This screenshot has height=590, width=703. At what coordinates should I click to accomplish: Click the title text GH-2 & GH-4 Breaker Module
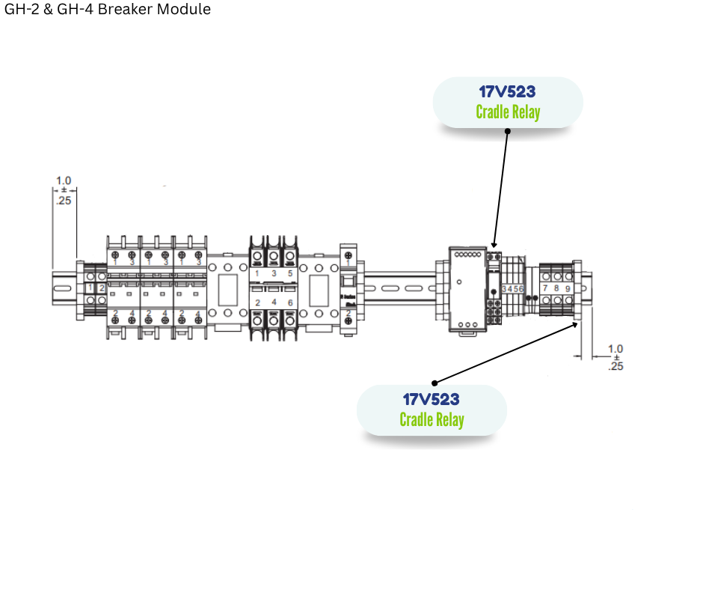(x=108, y=10)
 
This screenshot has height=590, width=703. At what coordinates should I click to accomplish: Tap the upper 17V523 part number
(x=508, y=92)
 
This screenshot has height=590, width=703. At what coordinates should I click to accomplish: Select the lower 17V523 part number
(x=432, y=400)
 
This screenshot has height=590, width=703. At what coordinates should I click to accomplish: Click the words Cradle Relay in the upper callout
(x=508, y=112)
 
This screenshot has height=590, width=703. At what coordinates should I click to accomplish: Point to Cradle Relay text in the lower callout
(x=432, y=419)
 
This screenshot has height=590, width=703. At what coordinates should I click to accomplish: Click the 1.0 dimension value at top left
(x=64, y=180)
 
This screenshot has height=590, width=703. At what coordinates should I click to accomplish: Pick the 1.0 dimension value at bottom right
(x=615, y=348)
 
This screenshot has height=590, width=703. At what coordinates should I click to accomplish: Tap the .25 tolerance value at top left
(x=64, y=200)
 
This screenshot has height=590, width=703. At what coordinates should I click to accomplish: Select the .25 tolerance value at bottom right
(x=615, y=367)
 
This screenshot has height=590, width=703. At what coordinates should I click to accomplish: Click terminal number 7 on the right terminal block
(x=545, y=288)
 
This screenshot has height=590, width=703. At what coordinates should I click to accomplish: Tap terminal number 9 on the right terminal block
(x=568, y=288)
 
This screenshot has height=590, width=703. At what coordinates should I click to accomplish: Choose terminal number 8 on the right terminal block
(x=556, y=288)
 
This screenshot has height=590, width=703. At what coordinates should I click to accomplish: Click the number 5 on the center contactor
(x=289, y=273)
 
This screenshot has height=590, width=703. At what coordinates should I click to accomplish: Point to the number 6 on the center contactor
(x=289, y=302)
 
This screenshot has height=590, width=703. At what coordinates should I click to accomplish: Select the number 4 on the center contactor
(x=273, y=302)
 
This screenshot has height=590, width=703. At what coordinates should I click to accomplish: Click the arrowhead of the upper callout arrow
(x=494, y=245)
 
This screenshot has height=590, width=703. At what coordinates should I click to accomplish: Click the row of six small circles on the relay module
(x=467, y=255)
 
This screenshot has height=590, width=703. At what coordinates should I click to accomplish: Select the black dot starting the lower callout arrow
(x=435, y=383)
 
